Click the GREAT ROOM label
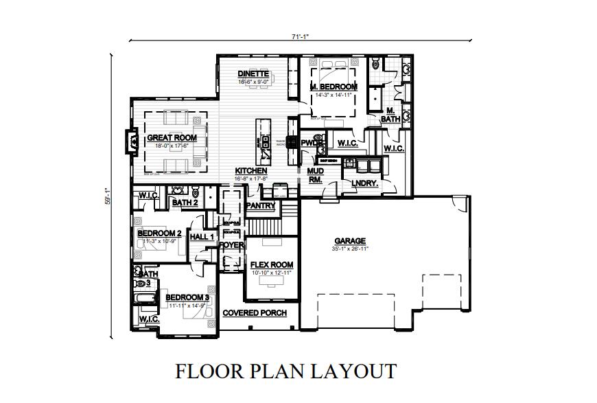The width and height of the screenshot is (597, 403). coord(172,138)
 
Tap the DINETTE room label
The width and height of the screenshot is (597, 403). coord(253,73)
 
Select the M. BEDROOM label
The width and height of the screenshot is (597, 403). coord(333,87)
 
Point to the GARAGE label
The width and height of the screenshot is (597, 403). coord(349,241)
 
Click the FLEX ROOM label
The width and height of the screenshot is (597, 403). coord(271,265)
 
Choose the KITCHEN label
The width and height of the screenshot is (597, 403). coord(251,171)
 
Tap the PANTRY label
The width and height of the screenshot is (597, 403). coord(260,206)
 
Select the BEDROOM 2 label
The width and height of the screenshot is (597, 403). coord(159,233)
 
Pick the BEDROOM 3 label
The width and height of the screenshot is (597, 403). coord(187,297)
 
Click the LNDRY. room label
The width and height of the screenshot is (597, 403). coord(364,183)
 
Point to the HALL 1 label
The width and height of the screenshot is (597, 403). coord(202,237)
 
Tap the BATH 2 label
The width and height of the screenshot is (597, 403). coord(185,203)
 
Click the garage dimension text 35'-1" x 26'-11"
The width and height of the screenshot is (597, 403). coord(349,249)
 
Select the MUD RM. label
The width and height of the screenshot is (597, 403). coord(315,175)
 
